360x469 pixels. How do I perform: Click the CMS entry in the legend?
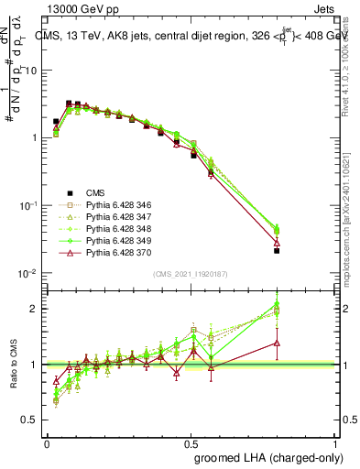(x=95, y=192)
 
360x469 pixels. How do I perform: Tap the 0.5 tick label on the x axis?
(x=191, y=443)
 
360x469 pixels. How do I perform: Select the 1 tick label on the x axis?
(x=336, y=443)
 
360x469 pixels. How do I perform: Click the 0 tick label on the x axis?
(x=47, y=443)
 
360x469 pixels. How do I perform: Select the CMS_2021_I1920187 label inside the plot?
(x=191, y=274)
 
